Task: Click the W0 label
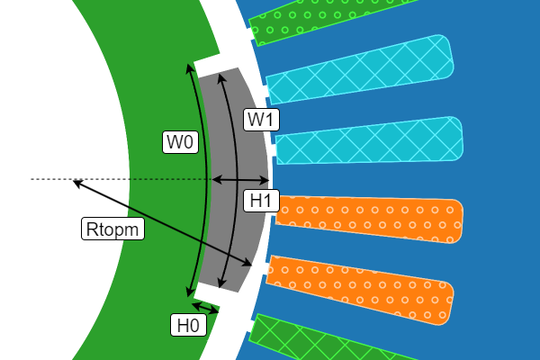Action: coord(179,141)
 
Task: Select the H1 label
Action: coord(261,201)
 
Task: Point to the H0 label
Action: coord(188,326)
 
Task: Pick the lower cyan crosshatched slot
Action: coord(369,140)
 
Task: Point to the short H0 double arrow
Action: coord(204,308)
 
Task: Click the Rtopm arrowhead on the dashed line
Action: coord(76,183)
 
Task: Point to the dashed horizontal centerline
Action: coord(45,180)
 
